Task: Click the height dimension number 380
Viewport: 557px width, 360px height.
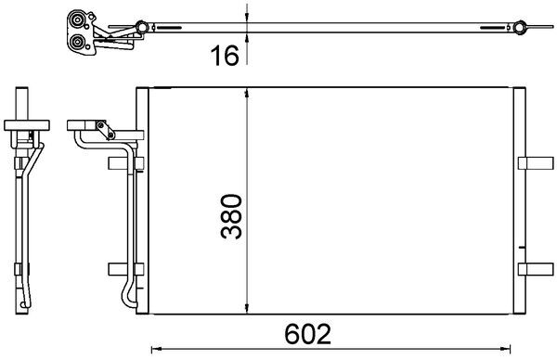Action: pos(231,217)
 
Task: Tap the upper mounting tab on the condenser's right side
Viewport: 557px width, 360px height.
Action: pos(533,164)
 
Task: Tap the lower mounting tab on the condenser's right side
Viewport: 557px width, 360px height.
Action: pos(533,269)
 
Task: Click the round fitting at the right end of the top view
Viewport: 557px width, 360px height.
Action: pos(521,31)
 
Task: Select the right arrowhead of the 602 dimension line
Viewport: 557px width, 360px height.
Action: pos(514,349)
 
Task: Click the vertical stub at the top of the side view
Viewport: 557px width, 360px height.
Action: pos(20,102)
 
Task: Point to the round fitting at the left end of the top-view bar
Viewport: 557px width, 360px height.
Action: pos(140,26)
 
